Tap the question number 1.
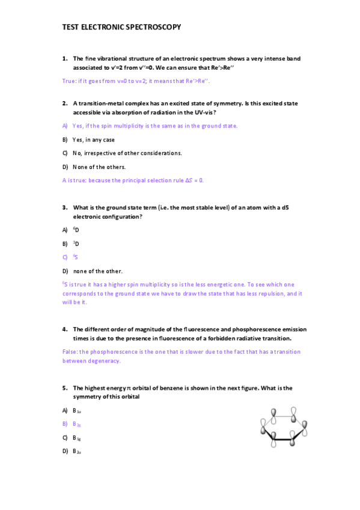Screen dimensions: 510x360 pos(64,59)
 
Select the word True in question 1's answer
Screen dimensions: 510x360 pos(68,81)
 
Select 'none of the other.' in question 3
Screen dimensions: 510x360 pos(97,271)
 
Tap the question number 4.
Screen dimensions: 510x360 pos(64,330)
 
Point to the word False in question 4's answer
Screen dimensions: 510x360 pos(69,352)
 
